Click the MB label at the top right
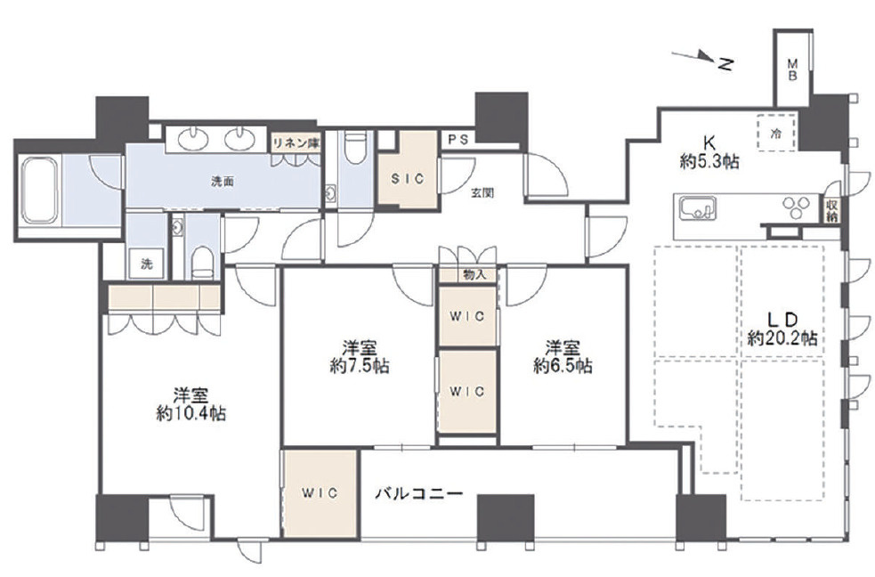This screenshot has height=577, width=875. [790, 70]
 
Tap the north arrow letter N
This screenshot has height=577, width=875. [726, 63]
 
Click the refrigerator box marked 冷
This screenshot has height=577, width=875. [775, 133]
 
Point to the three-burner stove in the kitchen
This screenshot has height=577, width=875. [795, 207]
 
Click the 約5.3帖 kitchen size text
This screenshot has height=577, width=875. [709, 162]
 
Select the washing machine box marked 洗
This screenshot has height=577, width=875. [144, 263]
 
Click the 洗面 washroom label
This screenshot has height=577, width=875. [223, 182]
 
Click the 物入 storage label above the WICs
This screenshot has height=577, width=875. [474, 275]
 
